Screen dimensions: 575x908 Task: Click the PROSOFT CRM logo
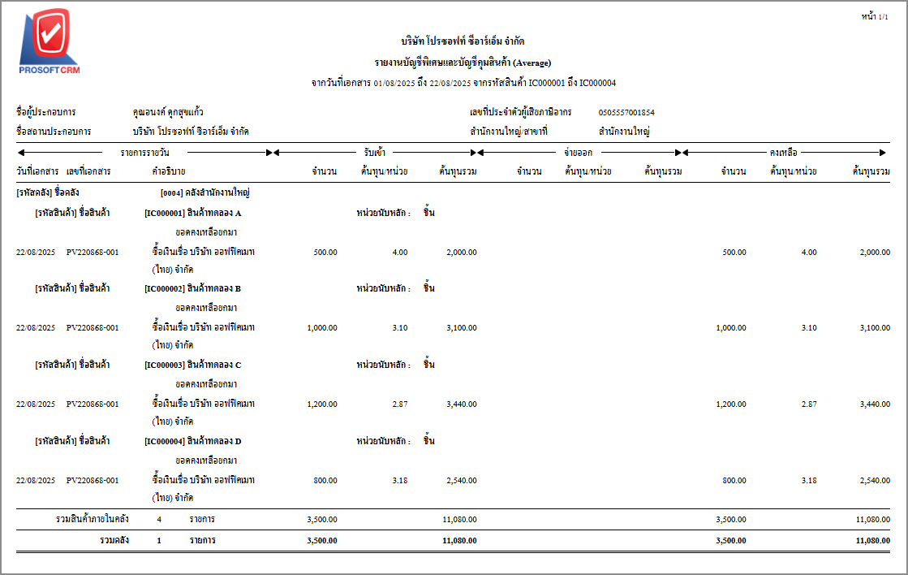pos(49,42)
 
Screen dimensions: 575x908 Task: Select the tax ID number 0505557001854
pos(626,112)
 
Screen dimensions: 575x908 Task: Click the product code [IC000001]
pos(164,213)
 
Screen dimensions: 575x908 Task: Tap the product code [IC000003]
pos(164,365)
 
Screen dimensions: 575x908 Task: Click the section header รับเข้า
pos(375,152)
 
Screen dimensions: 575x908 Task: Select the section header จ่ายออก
pos(579,152)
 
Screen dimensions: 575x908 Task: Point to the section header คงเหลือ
pos(783,152)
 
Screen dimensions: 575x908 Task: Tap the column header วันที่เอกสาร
pos(37,171)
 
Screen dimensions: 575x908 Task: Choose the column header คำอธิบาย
pos(168,171)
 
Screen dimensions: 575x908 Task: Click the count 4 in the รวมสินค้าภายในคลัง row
pos(159,518)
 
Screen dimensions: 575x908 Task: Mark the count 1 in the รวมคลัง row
pos(159,539)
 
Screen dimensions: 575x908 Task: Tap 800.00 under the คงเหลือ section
pos(734,480)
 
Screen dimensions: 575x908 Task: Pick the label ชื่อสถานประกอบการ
pos(54,131)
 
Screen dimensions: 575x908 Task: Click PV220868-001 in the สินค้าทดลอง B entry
pos(93,327)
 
